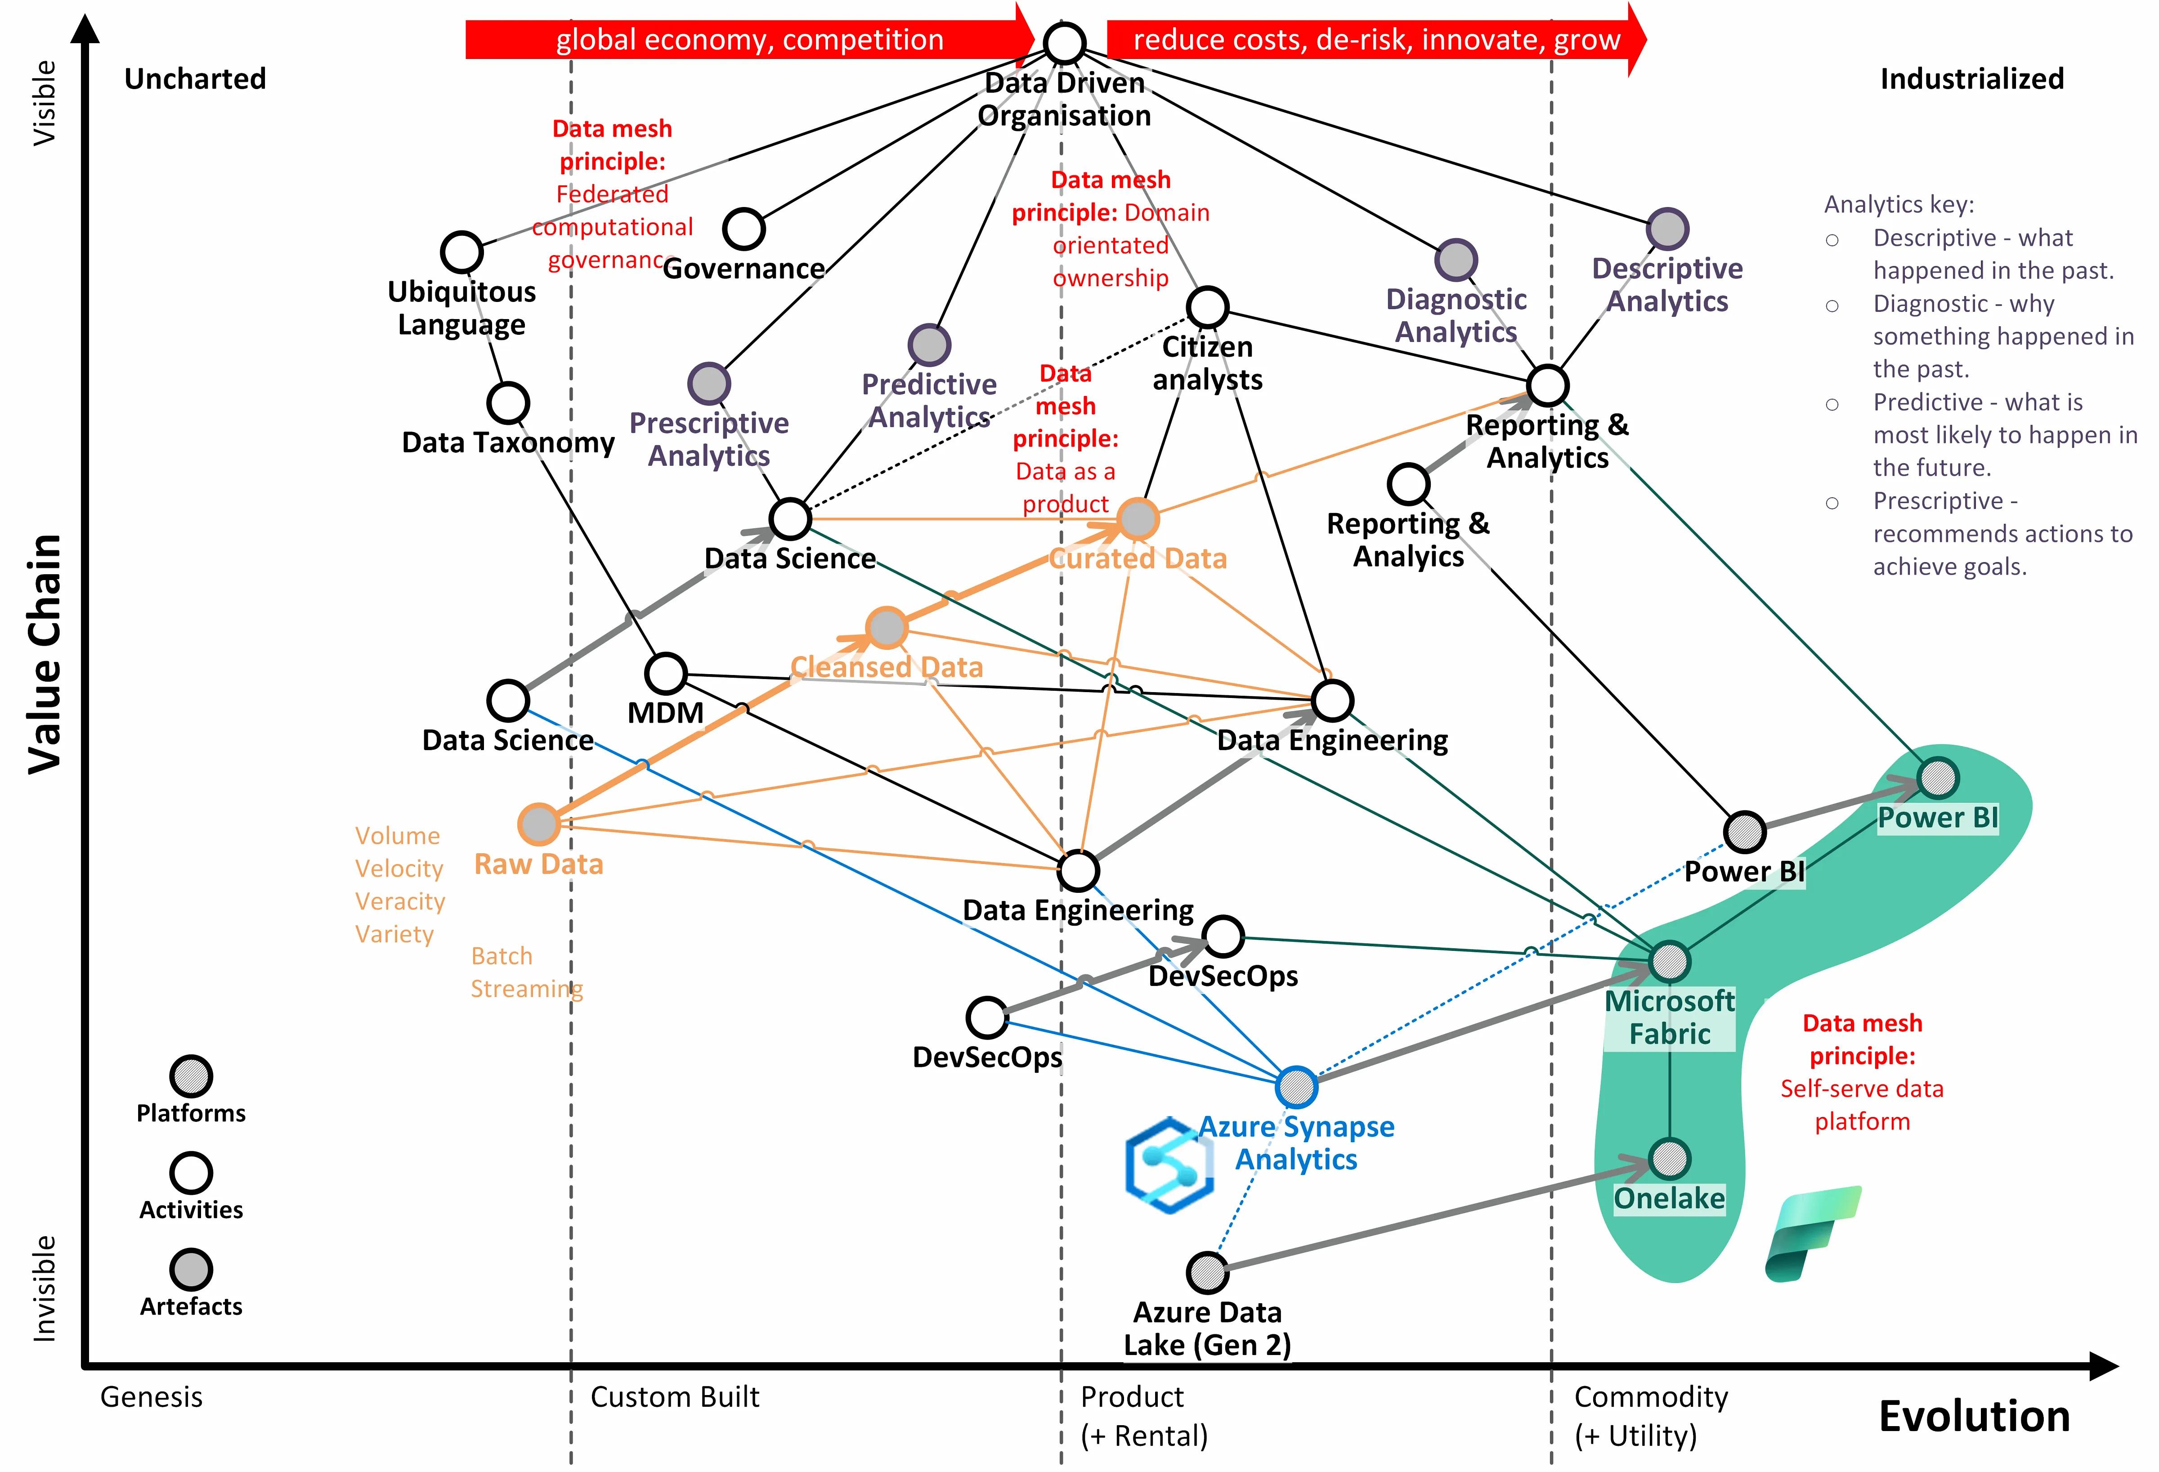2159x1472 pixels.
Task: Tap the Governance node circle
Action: pyautogui.click(x=743, y=229)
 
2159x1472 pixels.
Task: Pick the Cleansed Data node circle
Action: pyautogui.click(x=886, y=628)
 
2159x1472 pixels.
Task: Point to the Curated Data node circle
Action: pyautogui.click(x=1137, y=518)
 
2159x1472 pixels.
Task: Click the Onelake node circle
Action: pyautogui.click(x=1670, y=1159)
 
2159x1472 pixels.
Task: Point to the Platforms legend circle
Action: pyautogui.click(x=191, y=1076)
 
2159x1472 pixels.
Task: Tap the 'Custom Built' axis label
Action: pyautogui.click(x=674, y=1397)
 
